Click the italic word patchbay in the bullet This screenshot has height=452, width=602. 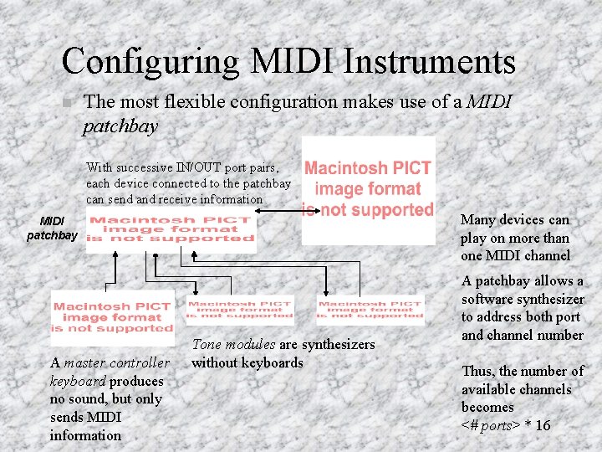click(x=120, y=126)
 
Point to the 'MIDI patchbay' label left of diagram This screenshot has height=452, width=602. click(x=52, y=229)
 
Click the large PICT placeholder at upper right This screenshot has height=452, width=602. click(x=368, y=190)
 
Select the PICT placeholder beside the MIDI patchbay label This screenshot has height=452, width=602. click(x=171, y=229)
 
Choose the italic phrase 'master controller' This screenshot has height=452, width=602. click(x=115, y=363)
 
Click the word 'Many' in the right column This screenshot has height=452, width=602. click(x=478, y=219)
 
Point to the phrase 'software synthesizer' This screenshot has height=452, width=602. click(x=523, y=299)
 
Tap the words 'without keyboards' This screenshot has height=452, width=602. click(x=247, y=362)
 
